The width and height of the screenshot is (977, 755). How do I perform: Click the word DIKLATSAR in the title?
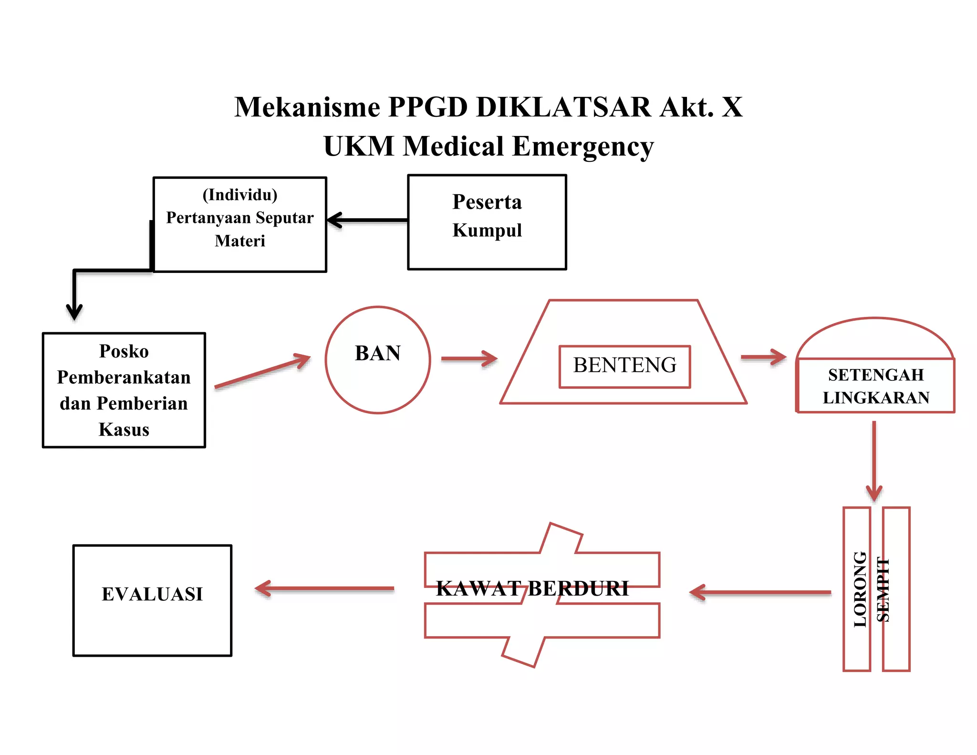563,107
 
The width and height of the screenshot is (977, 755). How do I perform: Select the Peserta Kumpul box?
487,222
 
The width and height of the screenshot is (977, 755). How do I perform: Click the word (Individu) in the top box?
240,195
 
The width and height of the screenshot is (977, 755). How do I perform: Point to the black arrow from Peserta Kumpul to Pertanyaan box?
367,220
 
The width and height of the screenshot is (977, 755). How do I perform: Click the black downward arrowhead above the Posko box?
74,311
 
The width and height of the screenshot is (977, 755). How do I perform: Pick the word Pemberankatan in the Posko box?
124,377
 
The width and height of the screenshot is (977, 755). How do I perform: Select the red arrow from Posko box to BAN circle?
262,371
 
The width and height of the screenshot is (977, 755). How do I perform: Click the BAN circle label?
377,353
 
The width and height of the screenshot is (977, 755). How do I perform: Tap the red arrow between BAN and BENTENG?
469,358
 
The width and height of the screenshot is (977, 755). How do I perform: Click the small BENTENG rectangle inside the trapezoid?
624,366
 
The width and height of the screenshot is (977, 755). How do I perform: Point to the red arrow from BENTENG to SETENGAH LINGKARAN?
763,357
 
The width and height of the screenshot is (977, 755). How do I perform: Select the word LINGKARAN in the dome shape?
876,398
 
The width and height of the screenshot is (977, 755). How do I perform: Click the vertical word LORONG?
859,589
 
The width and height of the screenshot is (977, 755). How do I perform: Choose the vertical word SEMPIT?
883,590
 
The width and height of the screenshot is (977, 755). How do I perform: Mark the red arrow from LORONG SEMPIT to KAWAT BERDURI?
760,592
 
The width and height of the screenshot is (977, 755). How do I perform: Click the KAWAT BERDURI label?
532,589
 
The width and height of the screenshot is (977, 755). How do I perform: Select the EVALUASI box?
152,600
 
